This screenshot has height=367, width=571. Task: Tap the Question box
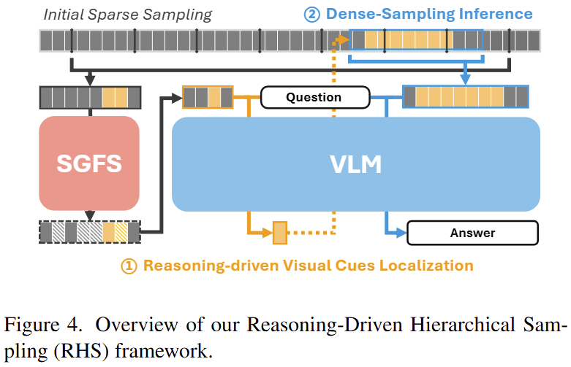(x=313, y=97)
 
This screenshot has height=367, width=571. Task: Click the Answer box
(x=472, y=233)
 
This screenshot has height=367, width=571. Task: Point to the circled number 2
(x=312, y=14)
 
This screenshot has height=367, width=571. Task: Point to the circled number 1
(x=129, y=266)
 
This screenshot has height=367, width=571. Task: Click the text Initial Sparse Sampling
(x=127, y=14)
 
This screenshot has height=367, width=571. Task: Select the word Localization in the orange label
(x=423, y=266)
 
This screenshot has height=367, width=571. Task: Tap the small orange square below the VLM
(x=279, y=233)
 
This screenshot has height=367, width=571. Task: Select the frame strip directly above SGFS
(x=90, y=97)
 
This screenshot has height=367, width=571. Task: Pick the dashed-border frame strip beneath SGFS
(x=90, y=232)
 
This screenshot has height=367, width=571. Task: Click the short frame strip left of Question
(x=208, y=97)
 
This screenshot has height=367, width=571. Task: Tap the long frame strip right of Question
(x=465, y=97)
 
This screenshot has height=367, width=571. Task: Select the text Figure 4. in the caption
(x=37, y=324)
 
